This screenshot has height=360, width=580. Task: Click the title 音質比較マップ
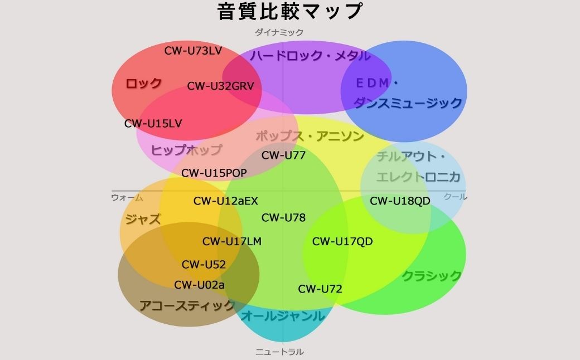(290, 11)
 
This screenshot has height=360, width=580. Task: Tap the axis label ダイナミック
(279, 32)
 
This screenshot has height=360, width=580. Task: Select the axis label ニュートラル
(279, 352)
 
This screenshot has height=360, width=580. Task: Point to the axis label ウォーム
(127, 197)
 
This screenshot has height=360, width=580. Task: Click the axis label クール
(455, 197)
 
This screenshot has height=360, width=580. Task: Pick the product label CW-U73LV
(193, 51)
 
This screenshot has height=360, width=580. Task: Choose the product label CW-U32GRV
(220, 86)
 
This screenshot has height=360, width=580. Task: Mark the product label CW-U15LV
(153, 123)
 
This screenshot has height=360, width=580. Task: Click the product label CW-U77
(283, 155)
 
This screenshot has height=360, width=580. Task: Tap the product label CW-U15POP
(214, 173)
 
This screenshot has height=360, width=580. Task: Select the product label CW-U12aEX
(225, 201)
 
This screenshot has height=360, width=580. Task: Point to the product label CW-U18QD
(400, 201)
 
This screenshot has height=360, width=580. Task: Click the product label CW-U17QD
(342, 241)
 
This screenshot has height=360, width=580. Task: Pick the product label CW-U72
(320, 289)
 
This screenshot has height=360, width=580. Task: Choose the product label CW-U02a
(199, 285)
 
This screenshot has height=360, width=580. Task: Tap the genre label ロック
(143, 84)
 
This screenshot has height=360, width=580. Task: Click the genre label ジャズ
(143, 219)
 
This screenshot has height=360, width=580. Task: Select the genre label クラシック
(432, 275)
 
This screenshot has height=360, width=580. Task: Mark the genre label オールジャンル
(282, 316)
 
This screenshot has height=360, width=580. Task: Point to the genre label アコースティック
(187, 305)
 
